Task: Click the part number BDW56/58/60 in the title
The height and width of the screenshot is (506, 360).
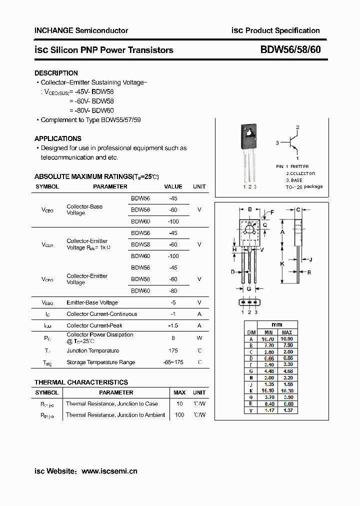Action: (290, 50)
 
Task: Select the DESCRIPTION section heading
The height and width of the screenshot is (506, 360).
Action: (56, 73)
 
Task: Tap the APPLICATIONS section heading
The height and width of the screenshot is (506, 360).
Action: (57, 138)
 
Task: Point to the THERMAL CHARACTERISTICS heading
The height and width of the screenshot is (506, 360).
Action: (81, 382)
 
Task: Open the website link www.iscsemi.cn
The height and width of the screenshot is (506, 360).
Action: (109, 471)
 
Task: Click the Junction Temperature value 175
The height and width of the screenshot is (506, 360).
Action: (173, 350)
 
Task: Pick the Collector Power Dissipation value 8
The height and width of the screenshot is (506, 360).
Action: (173, 338)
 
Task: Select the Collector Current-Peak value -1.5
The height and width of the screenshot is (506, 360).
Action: (173, 325)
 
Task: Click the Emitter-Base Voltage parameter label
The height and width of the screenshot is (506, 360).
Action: (92, 302)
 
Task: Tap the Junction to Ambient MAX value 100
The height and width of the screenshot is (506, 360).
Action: (179, 415)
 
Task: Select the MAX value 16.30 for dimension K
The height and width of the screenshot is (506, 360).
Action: (287, 390)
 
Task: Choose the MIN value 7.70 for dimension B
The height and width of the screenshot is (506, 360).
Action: (268, 345)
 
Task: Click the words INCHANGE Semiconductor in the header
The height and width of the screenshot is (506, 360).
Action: (81, 30)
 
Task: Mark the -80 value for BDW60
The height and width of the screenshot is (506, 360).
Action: (173, 290)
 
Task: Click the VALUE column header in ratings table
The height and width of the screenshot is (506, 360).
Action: (173, 186)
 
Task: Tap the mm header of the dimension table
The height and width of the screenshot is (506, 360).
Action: (277, 324)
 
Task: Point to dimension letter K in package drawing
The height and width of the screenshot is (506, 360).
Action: (282, 263)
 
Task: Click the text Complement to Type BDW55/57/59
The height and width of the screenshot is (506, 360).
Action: (90, 120)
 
